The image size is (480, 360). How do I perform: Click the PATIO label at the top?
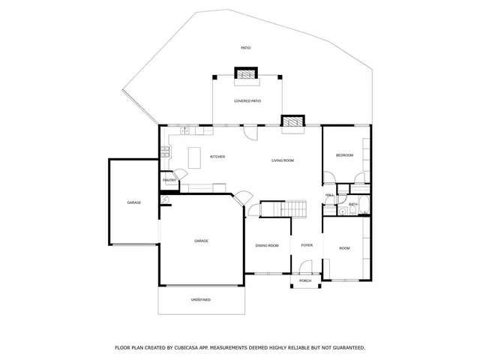(245, 48)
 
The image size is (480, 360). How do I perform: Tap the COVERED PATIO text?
(247, 100)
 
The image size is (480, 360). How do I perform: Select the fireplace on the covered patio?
(245, 73)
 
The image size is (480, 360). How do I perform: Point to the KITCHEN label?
(217, 157)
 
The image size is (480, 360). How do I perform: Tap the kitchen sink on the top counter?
(184, 131)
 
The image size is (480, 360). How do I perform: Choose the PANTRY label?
(169, 180)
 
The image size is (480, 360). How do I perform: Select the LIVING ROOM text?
(282, 160)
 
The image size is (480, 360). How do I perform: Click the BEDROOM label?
(344, 155)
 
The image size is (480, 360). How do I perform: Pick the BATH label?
(352, 204)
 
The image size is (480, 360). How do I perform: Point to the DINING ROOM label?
(267, 246)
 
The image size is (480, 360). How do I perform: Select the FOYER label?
(307, 245)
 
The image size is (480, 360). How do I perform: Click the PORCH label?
(305, 281)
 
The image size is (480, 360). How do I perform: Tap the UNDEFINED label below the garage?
(200, 300)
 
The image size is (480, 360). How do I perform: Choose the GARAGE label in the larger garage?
(201, 241)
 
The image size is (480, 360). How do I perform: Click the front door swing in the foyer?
(305, 268)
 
